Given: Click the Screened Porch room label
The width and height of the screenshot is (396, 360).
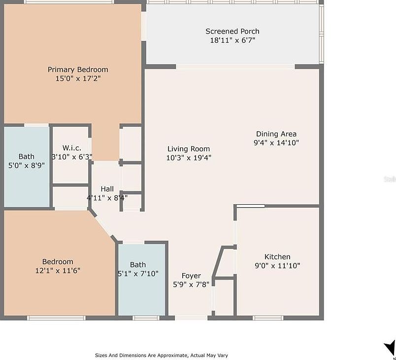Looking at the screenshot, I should click(x=232, y=32).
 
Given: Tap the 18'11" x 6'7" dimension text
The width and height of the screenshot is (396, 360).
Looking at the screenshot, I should click(x=232, y=40).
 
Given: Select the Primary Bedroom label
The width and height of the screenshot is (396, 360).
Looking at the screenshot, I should click(x=78, y=70).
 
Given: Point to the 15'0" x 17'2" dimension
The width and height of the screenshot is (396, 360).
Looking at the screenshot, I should click(x=78, y=78).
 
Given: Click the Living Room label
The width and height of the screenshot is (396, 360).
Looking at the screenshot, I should click(x=188, y=149).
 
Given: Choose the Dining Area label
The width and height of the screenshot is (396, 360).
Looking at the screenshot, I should click(x=276, y=134).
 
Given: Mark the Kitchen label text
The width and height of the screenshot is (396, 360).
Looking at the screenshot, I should click(x=277, y=256).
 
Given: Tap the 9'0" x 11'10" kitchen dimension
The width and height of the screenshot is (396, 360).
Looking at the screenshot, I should click(x=277, y=265).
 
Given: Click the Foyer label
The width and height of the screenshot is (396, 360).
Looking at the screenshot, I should click(x=191, y=275).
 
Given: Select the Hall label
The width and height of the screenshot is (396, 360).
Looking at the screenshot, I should click(x=107, y=189).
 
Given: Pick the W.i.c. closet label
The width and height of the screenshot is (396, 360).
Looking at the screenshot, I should click(x=71, y=148).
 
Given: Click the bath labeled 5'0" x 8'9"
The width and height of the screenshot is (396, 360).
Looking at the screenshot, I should click(x=27, y=161).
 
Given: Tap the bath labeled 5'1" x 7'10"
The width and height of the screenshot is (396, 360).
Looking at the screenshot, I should click(x=138, y=269).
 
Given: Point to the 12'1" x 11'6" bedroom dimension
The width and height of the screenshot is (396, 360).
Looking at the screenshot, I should click(x=58, y=270).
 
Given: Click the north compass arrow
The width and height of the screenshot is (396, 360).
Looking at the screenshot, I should click(x=389, y=347).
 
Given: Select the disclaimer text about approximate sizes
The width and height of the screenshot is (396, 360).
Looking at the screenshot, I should click(x=162, y=355).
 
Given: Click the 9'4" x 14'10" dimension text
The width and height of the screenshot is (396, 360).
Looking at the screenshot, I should click(x=276, y=143).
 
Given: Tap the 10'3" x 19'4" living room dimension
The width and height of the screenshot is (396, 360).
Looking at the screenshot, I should click(x=189, y=158).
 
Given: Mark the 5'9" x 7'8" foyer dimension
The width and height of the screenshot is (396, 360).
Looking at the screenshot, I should click(x=191, y=284).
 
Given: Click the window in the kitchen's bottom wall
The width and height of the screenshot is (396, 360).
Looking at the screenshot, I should click(x=268, y=318).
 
